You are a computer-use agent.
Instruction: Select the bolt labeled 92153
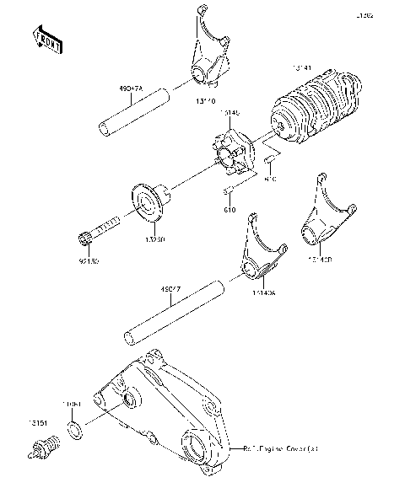tap(100, 229)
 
